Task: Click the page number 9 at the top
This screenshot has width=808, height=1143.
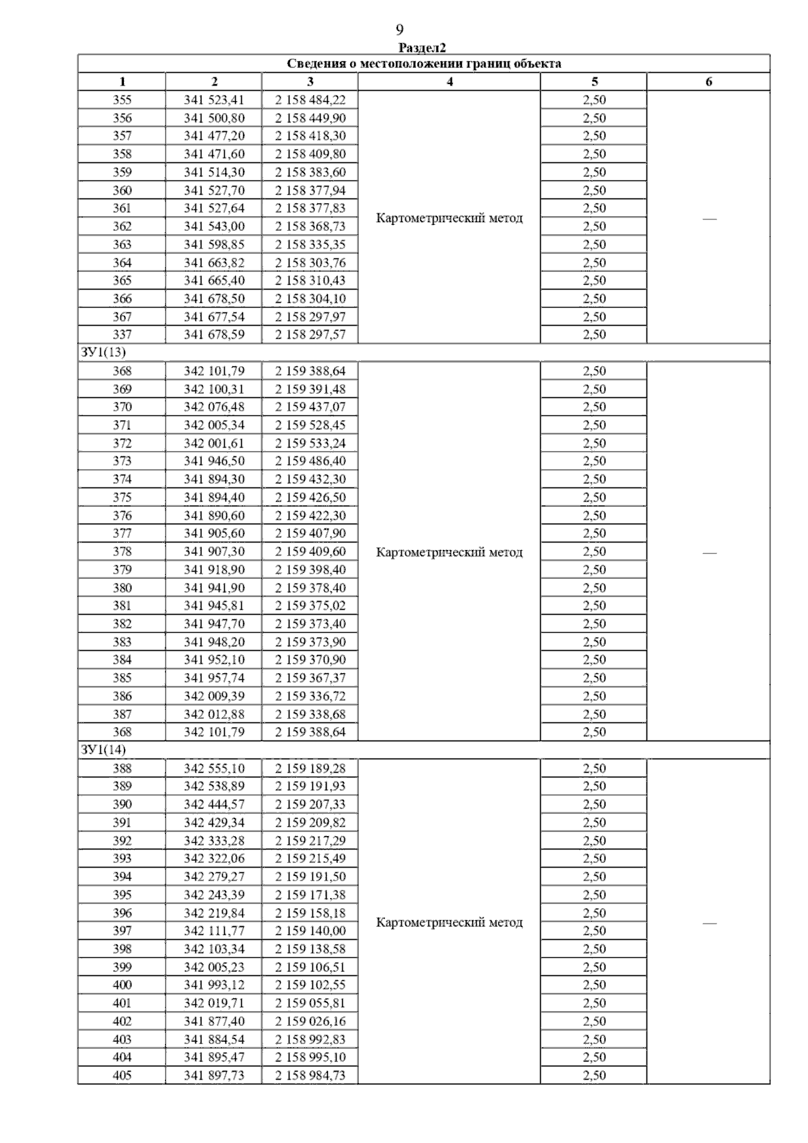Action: point(400,30)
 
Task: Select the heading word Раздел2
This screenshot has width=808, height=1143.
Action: point(422,48)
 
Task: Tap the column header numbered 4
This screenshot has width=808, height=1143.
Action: point(449,82)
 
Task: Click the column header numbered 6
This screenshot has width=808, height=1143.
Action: point(708,82)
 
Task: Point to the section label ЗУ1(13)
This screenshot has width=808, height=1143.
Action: point(103,353)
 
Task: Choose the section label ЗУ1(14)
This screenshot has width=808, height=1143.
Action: point(103,750)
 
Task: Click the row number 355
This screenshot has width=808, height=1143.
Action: point(122,100)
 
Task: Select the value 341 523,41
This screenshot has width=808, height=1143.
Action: point(214,100)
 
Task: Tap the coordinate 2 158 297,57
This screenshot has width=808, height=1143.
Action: point(310,335)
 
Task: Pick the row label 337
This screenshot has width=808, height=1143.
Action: point(122,335)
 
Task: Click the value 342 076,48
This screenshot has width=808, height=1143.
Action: point(214,407)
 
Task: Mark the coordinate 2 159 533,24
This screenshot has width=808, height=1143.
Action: point(310,443)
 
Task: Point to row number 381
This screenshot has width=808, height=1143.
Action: point(122,606)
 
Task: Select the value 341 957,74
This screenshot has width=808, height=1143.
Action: point(214,678)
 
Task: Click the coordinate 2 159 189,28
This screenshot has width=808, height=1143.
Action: point(310,768)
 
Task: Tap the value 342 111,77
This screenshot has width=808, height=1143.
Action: point(214,931)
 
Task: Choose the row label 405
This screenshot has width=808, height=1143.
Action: point(122,1075)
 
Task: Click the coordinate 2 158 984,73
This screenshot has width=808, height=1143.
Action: point(310,1075)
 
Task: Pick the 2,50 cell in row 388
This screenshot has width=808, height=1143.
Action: point(594,768)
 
